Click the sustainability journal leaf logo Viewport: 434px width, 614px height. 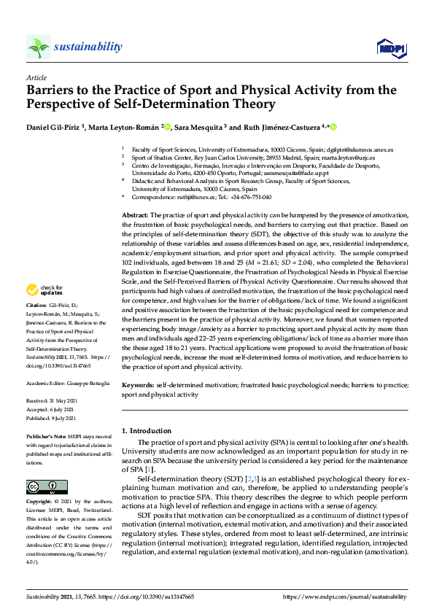39,47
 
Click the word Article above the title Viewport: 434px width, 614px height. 36,77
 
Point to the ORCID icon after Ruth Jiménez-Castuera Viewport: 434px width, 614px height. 333,128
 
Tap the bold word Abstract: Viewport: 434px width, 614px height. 134,216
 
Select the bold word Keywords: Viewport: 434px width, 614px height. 138,385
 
